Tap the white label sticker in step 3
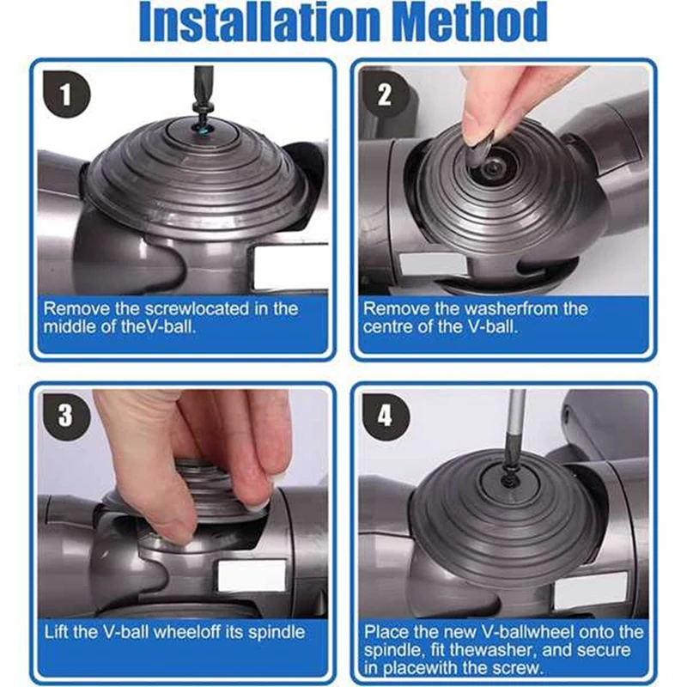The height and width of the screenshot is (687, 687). coord(250,576)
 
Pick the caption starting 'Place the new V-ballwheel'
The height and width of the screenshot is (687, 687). coord(503,650)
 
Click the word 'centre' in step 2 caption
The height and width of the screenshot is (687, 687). coord(389,326)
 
